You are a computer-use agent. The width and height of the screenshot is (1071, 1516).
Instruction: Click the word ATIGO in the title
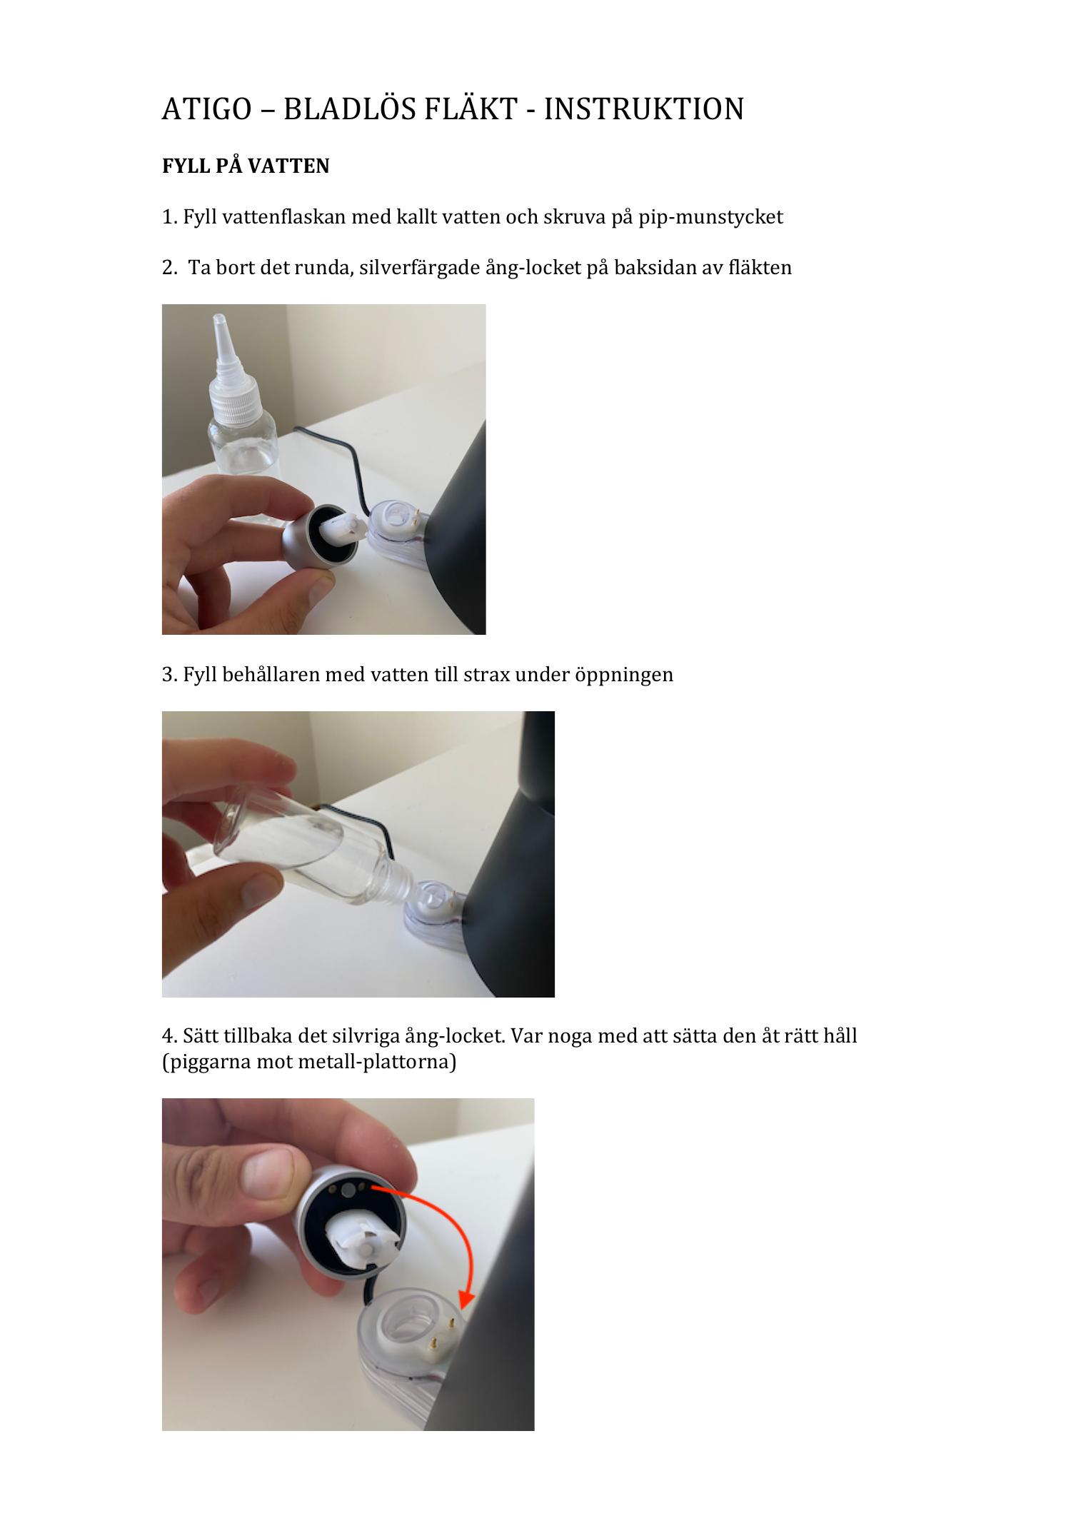click(206, 109)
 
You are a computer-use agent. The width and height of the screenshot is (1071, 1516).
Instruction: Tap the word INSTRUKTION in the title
click(644, 109)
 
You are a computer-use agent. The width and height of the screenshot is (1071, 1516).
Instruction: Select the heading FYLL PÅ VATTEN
click(246, 166)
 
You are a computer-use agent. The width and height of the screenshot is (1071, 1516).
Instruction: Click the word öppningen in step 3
click(624, 675)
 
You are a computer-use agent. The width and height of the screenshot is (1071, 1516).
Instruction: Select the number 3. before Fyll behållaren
click(170, 675)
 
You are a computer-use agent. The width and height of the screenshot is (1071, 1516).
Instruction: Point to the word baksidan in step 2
click(647, 268)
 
